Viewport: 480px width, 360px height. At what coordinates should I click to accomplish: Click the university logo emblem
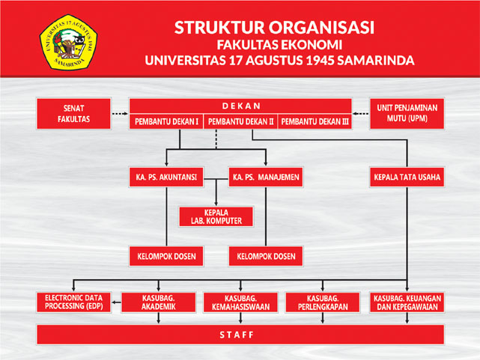coord(68,42)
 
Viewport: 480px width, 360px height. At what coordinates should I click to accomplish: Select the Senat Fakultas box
coord(73,114)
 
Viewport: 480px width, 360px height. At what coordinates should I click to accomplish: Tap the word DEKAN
coord(241,106)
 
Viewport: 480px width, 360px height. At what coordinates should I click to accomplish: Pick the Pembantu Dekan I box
coord(166,121)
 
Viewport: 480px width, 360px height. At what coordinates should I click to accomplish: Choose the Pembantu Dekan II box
coord(240,121)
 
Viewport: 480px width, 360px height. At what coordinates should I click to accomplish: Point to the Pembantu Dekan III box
coord(315,121)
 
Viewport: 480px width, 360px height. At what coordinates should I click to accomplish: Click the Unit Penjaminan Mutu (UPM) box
coord(407,114)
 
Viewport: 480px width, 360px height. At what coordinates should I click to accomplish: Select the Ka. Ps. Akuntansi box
coord(166,177)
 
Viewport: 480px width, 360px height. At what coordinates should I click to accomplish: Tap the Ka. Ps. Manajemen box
coord(266,177)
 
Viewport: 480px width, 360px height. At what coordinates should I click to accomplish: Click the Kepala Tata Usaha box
coord(407,177)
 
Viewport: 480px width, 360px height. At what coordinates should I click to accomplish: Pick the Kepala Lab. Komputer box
coord(216,216)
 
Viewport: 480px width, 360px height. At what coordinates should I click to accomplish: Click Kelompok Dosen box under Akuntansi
coord(166,256)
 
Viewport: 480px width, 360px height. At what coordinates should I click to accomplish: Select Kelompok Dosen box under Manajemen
coord(266,256)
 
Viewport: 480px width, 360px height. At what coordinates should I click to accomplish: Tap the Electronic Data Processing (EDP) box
coord(73,302)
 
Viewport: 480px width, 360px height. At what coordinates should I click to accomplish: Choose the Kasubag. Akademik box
coord(158,302)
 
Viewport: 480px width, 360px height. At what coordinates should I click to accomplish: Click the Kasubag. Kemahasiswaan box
coord(240,302)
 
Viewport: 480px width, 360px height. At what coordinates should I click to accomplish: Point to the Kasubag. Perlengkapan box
coord(323,302)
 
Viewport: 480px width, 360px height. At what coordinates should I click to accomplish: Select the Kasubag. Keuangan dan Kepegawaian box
coord(407,302)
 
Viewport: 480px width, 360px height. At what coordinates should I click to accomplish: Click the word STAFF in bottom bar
coord(237,335)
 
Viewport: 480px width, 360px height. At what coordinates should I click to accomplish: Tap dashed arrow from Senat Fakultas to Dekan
coord(120,114)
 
